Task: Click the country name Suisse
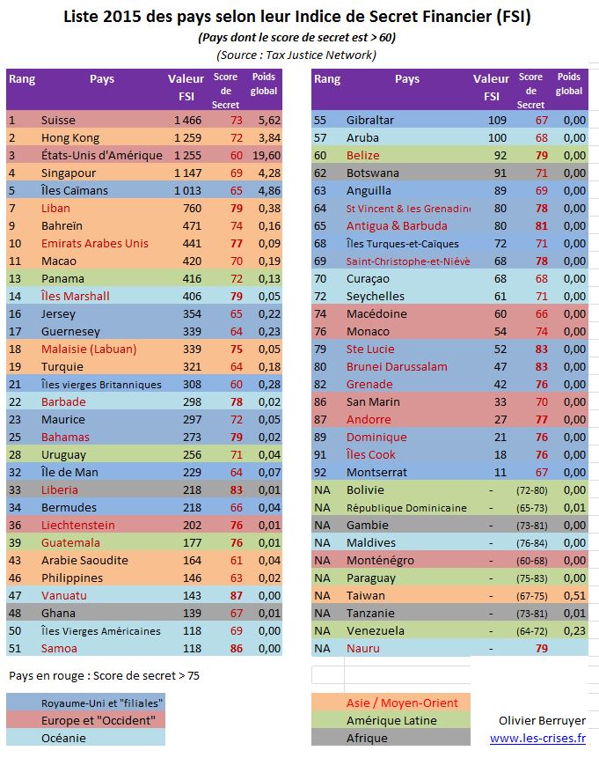coord(58,120)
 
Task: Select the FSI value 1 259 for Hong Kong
coord(188,137)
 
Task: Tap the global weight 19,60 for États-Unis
coord(267,155)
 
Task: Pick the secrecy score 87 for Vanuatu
coord(237,595)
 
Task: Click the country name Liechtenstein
coord(78,525)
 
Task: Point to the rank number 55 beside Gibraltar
coord(320,120)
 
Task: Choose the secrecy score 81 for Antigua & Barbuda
coord(542,225)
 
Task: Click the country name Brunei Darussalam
coord(397,366)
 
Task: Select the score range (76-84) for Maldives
coord(532,543)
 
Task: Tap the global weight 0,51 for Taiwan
coord(575,595)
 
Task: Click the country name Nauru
coord(362,648)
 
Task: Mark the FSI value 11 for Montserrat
coord(500,472)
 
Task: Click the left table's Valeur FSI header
coord(186,87)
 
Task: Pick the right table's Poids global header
coord(569,84)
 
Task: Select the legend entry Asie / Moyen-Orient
coord(402,703)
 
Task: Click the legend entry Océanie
coord(63,738)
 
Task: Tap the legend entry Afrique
coord(367,738)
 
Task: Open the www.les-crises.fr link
coord(537,738)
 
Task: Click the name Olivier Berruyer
coord(542,721)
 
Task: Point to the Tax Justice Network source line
coord(296,55)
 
